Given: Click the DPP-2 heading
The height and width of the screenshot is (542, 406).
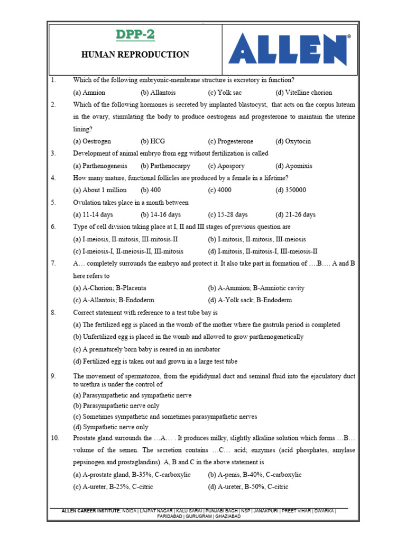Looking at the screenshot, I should click(x=135, y=35).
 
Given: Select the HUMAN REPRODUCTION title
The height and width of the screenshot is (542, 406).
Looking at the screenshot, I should click(x=135, y=55).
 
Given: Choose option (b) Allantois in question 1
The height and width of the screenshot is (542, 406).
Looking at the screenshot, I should click(x=158, y=92).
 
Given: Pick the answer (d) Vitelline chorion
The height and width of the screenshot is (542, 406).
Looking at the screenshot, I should click(x=303, y=92).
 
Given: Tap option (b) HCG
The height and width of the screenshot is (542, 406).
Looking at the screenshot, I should click(x=153, y=141).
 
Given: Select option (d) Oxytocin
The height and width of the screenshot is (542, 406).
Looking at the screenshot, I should click(x=293, y=141).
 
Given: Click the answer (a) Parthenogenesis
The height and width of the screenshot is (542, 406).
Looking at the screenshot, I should click(x=100, y=166).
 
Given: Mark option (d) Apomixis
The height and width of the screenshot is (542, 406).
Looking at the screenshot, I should click(x=293, y=166).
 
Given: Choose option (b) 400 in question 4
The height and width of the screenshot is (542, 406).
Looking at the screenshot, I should click(x=150, y=190).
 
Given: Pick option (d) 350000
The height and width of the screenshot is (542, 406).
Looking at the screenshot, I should click(x=291, y=190).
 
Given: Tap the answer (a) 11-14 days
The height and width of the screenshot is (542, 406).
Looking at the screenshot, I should click(x=93, y=214).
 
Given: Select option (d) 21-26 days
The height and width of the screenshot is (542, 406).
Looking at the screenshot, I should click(x=295, y=214).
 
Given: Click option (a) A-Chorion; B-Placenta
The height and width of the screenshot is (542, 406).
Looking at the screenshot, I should click(x=109, y=288).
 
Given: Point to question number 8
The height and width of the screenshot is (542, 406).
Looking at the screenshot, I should click(x=53, y=313).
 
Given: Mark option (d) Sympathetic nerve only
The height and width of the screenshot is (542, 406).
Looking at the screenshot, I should click(x=110, y=427).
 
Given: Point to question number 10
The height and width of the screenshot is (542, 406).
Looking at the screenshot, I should click(x=54, y=438).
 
